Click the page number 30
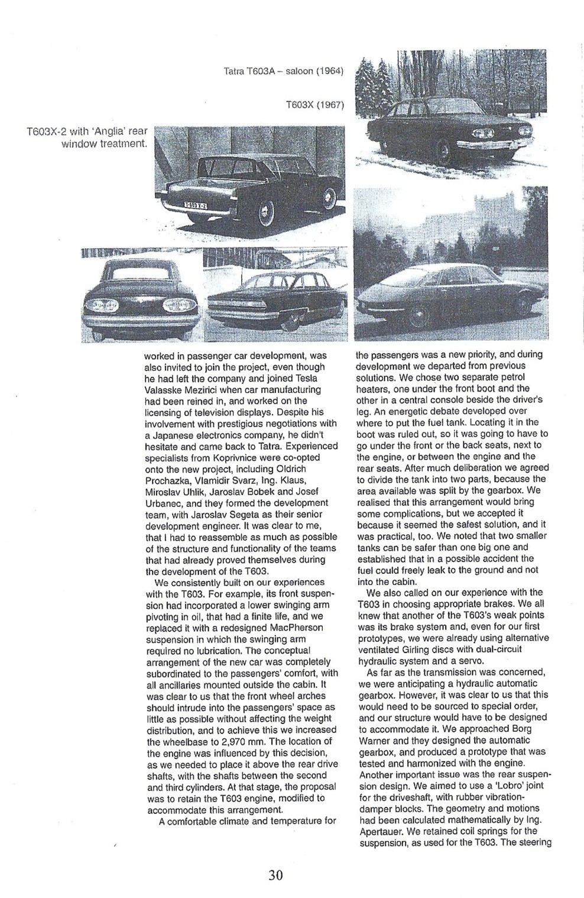pos(275,875)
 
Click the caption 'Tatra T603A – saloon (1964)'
pos(284,72)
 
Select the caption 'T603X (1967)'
pos(314,105)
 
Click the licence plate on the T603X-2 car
pos(196,205)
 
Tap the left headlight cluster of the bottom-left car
pos(98,306)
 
